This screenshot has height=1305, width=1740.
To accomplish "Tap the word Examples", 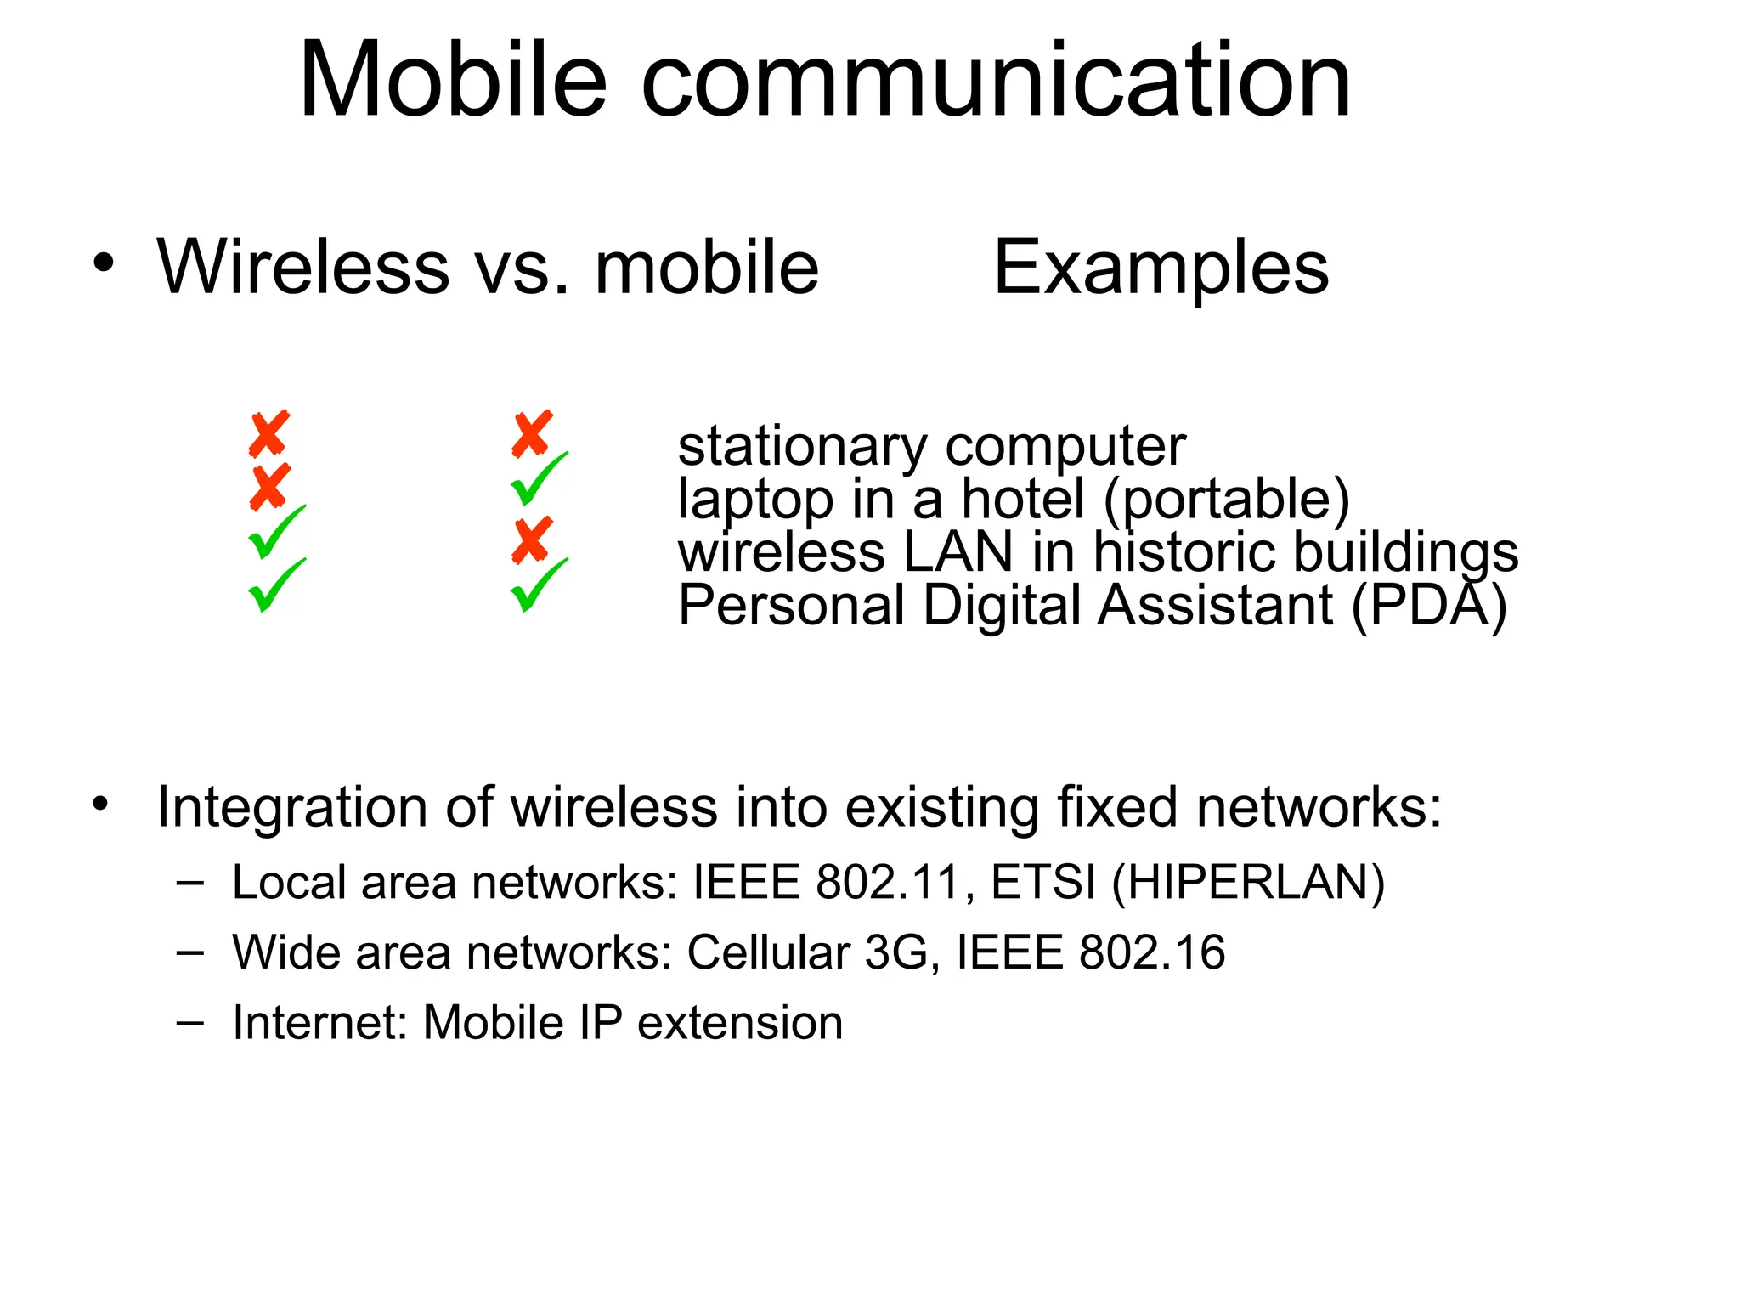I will [1161, 267].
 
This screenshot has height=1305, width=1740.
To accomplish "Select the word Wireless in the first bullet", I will [303, 267].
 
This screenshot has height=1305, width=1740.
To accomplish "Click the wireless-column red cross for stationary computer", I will [269, 433].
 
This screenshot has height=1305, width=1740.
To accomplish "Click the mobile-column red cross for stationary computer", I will [533, 433].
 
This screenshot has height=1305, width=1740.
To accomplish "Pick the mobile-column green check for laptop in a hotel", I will [538, 479].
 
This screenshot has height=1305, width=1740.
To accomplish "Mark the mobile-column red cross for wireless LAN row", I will [533, 540].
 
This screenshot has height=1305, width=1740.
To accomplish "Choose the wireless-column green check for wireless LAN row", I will [275, 533].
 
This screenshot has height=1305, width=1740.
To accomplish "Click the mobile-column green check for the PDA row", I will [538, 585].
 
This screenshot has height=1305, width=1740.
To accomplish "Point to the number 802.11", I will [887, 882].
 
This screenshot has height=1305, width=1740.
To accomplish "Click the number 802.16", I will [1151, 952].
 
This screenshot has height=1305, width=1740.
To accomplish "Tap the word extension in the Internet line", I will [740, 1022].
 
